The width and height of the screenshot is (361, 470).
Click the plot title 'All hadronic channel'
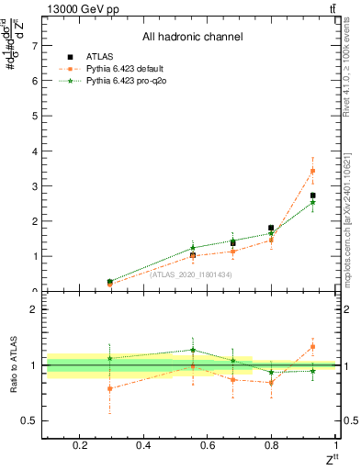click(x=192, y=37)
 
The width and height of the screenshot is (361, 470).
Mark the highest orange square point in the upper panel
click(x=312, y=171)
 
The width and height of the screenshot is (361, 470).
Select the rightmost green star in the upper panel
click(x=312, y=202)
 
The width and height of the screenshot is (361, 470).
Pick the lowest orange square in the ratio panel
click(x=110, y=388)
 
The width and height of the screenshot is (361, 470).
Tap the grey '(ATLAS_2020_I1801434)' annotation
click(x=190, y=274)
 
